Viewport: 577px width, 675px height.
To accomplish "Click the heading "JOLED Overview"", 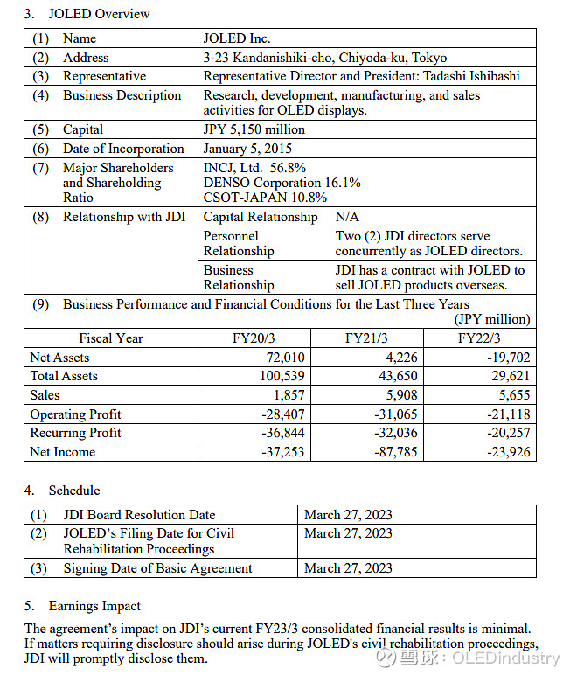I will [x=98, y=14].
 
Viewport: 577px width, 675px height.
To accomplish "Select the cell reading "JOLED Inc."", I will [x=237, y=38].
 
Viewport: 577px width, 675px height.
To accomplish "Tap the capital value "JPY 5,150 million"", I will [x=254, y=129].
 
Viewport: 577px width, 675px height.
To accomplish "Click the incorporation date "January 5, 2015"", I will [x=247, y=149].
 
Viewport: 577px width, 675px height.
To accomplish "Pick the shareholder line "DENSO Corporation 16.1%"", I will [x=282, y=183].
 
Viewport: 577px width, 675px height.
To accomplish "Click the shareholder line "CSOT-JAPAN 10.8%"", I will [x=259, y=198].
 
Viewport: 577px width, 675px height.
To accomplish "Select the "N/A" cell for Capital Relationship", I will [x=347, y=217].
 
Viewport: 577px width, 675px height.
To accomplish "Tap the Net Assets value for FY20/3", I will [x=285, y=358].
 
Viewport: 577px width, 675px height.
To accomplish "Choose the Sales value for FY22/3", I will [x=512, y=395].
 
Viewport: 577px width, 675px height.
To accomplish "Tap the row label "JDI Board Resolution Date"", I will [x=139, y=515].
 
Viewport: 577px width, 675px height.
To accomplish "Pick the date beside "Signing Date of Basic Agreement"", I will [x=348, y=568].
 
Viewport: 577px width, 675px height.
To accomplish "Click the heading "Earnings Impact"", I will [x=94, y=606].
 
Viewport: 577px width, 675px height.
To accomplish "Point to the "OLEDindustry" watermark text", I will [x=505, y=658].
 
